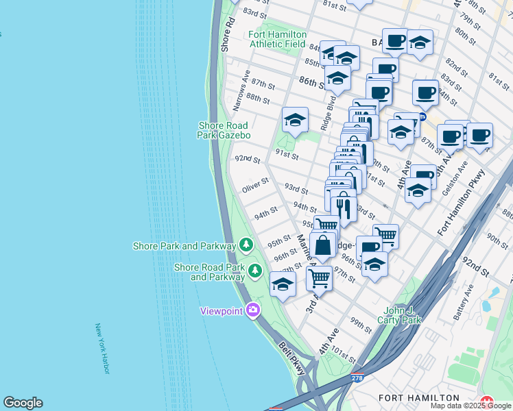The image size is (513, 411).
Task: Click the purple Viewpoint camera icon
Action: click(253, 310)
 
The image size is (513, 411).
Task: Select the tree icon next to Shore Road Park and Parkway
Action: click(255, 271)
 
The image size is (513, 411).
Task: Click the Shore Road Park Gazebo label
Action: click(224, 130)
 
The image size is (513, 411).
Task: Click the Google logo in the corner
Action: click(23, 403)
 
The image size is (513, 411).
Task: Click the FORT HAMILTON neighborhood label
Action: click(418, 398)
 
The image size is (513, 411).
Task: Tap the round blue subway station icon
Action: click(423, 116)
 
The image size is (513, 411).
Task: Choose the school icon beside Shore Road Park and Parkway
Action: click(283, 285)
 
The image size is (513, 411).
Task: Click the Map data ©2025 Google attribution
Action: click(470, 406)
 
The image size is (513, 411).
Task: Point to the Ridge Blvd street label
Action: click(327, 114)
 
